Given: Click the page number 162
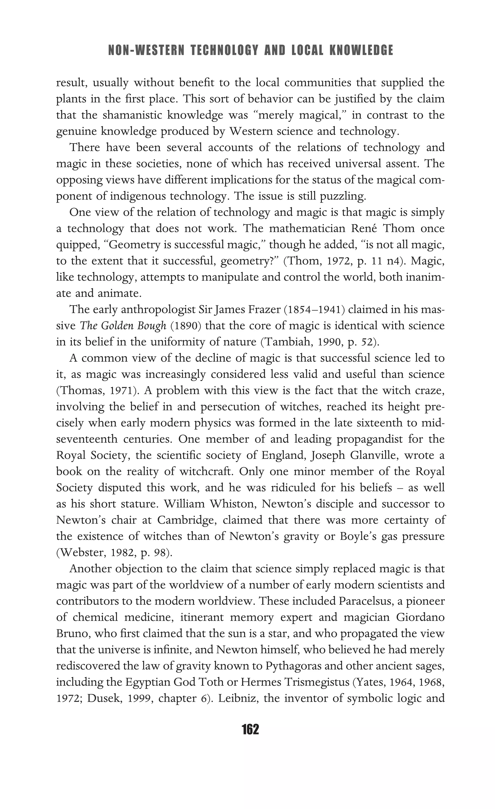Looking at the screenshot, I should (x=250, y=729).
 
